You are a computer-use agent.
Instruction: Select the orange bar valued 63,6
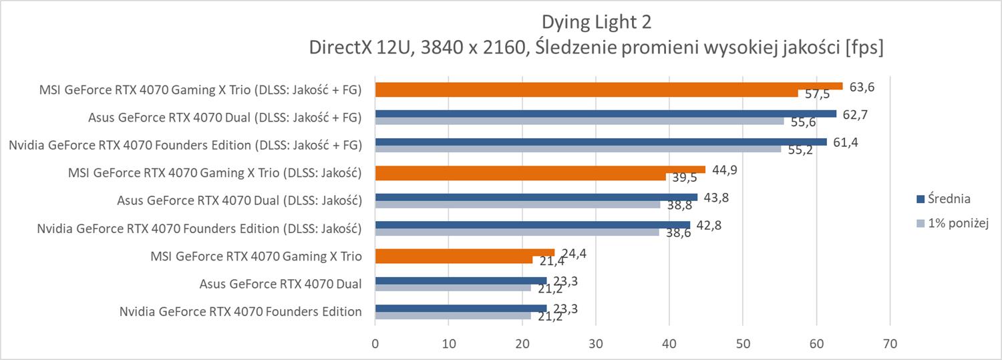608,86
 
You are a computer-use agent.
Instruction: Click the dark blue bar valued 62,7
605,114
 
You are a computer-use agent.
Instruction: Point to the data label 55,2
800,150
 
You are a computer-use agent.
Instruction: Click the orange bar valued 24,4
464,252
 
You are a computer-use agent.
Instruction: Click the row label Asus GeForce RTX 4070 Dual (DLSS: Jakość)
238,200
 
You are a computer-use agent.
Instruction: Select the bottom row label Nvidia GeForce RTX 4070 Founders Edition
240,311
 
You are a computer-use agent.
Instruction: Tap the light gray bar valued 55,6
579,121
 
